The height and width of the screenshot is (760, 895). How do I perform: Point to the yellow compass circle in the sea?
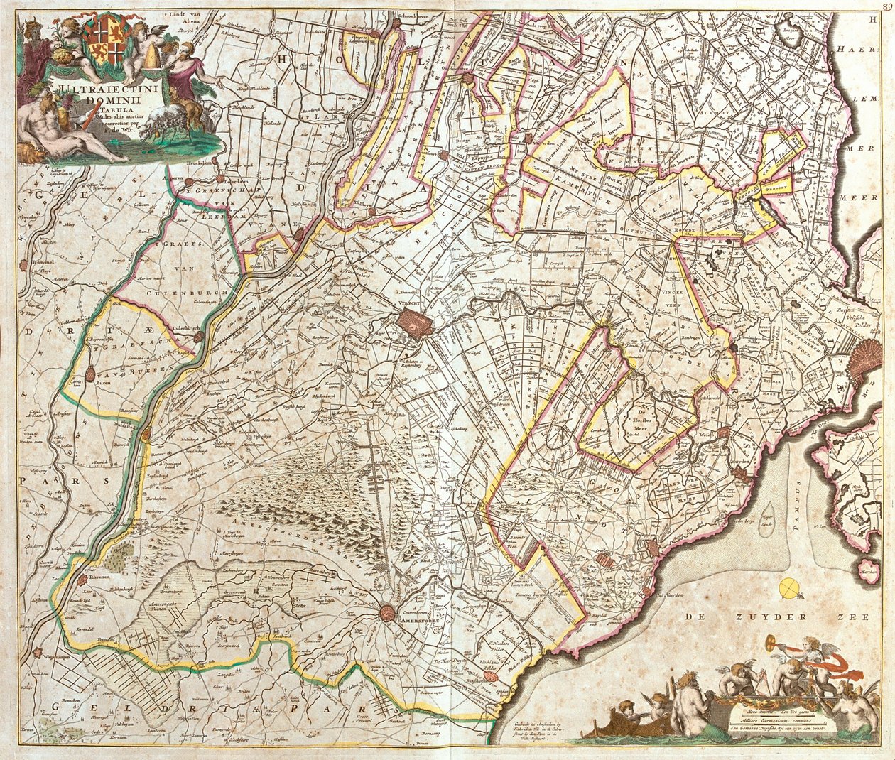point(788,587)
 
